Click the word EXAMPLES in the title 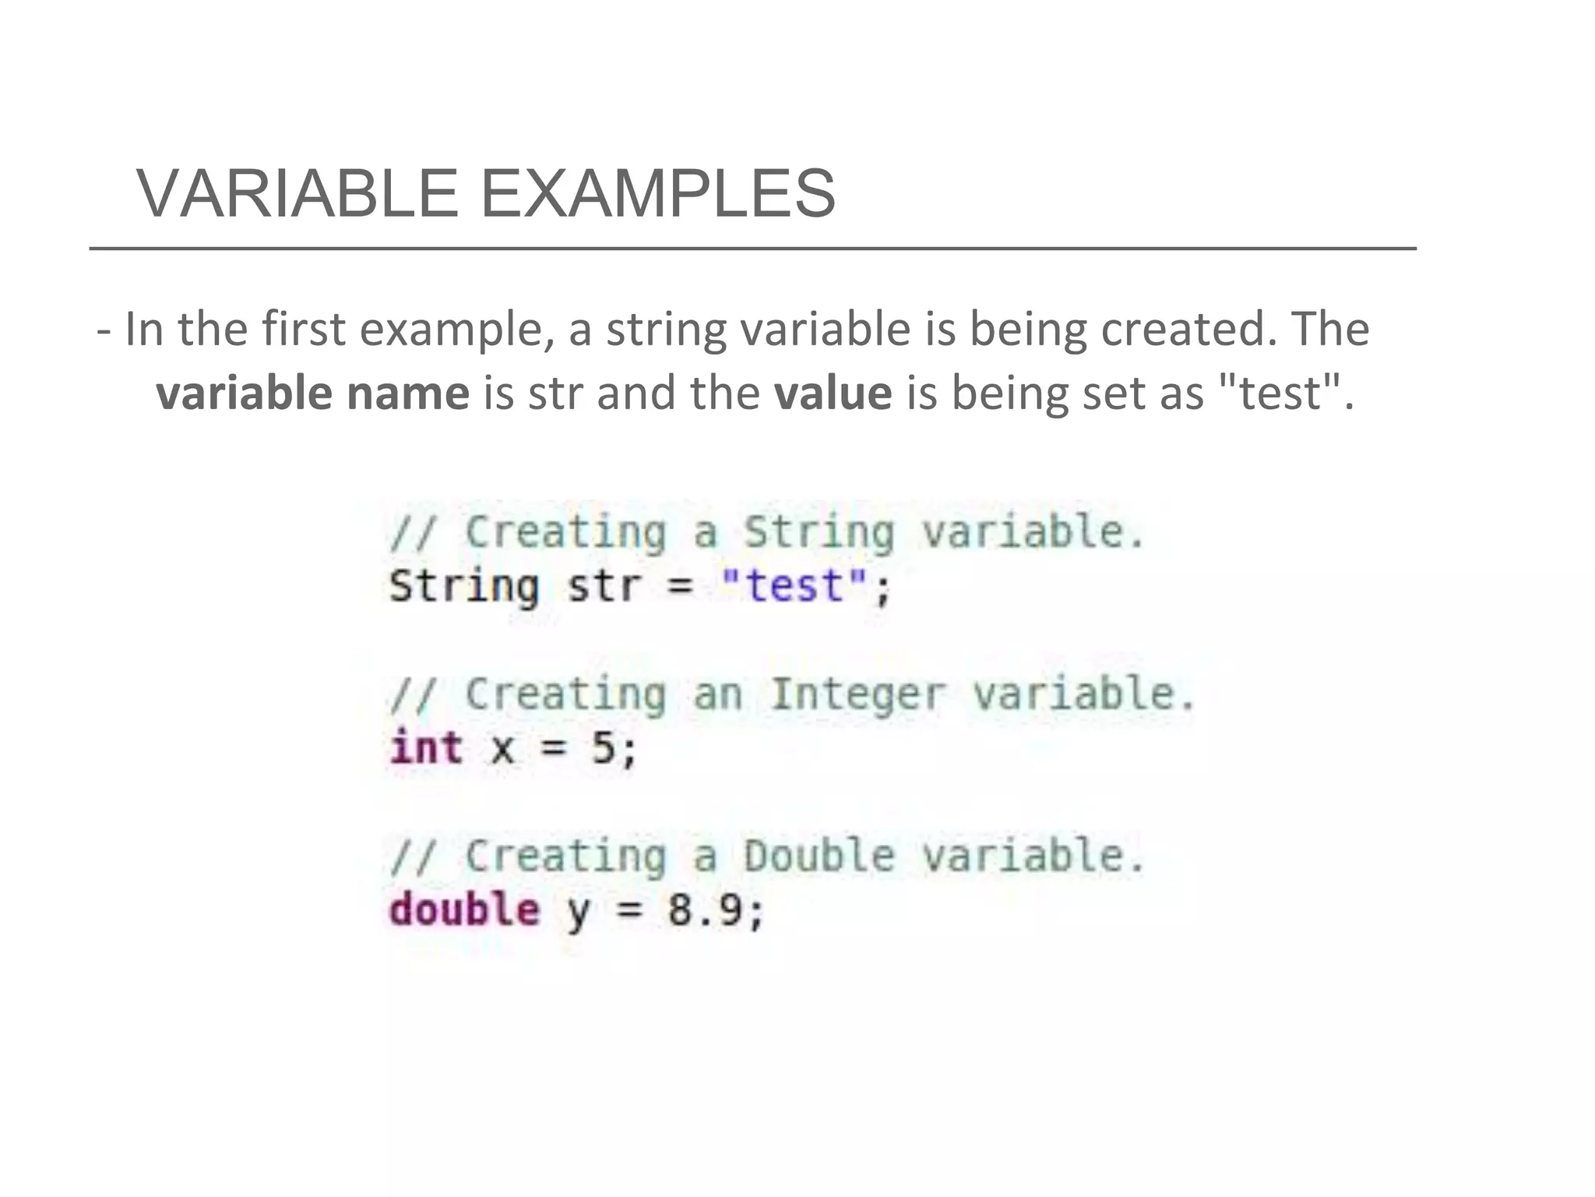[658, 193]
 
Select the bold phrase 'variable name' [312, 393]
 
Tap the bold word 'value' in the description [833, 393]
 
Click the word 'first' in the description [303, 329]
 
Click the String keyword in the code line [464, 586]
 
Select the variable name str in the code [604, 586]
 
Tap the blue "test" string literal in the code [794, 586]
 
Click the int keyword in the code [426, 747]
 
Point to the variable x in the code [502, 749]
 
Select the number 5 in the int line [604, 748]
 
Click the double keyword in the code [464, 909]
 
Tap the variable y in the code [578, 912]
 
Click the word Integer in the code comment [857, 694]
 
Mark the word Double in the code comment [819, 856]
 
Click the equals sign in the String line [680, 586]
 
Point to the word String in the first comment [819, 533]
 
